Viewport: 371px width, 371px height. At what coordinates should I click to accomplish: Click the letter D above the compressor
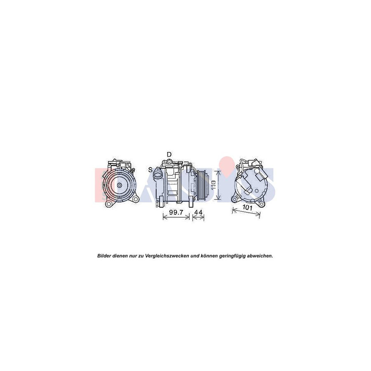coord(169,154)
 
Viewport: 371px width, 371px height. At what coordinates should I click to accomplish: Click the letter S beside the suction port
coord(150,169)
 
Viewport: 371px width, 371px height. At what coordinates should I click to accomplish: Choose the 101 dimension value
coord(247,208)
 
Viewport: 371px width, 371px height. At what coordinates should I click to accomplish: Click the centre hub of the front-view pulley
coord(119,186)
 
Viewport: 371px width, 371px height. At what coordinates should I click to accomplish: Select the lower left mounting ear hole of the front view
coord(108,204)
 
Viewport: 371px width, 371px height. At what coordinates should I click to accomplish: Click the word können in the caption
coord(209,256)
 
